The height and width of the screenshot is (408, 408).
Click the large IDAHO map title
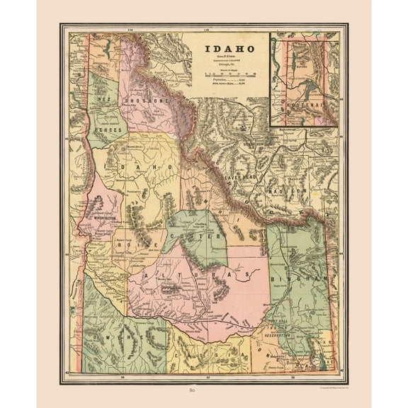coord(230,50)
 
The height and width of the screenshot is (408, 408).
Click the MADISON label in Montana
coord(290,191)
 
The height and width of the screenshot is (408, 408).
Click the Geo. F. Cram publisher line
coord(230,58)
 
